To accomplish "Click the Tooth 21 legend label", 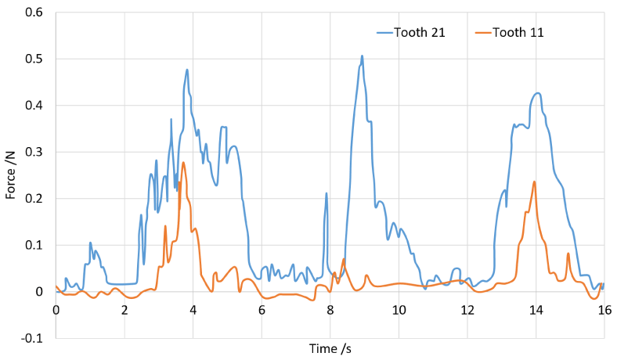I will [x=424, y=33].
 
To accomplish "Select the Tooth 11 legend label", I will [x=518, y=33].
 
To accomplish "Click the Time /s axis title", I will [x=330, y=347].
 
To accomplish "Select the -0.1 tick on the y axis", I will [x=31, y=338].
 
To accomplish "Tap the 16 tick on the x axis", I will [x=604, y=309].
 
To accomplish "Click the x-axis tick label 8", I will [x=330, y=309].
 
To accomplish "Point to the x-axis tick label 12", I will [x=467, y=309].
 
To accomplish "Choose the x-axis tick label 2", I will [x=124, y=309].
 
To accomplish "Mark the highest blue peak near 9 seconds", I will [x=362, y=56].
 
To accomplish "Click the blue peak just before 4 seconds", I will [x=187, y=70].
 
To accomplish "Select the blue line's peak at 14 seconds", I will [x=536, y=93].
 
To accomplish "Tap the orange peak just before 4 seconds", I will [x=183, y=163].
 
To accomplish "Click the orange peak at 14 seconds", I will [x=534, y=182].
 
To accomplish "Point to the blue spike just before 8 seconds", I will [x=326, y=193].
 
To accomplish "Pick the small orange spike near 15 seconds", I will [x=568, y=254].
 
